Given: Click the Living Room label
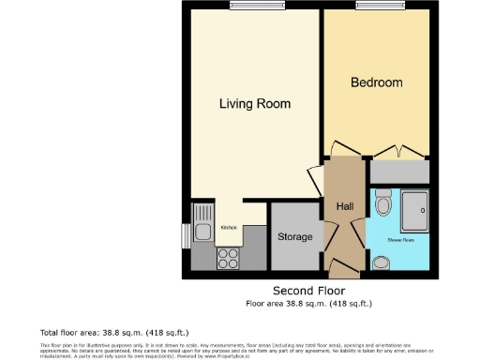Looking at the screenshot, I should pos(254,103).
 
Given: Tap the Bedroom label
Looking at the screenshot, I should pos(376,83).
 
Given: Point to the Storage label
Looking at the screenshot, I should pos(294,237).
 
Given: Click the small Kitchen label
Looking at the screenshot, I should pos(228,228).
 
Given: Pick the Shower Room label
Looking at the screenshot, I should pos(401,240).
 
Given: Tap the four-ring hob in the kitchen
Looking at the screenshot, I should pos(228,257).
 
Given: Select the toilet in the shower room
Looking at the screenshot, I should pos(382,202).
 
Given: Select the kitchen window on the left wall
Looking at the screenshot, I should pos(186,236).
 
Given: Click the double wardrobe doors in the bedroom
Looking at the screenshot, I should pos(402,153).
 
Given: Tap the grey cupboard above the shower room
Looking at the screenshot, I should pos(400,172).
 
